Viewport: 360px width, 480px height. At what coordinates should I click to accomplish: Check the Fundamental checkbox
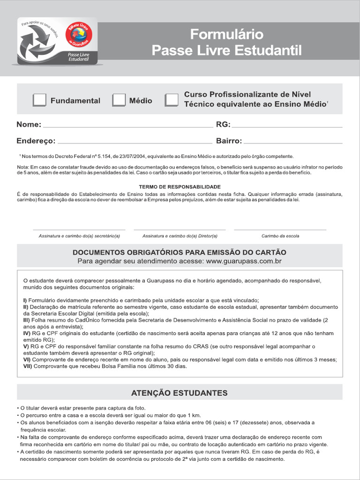(40, 100)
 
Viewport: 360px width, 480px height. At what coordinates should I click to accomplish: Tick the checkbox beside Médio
(119, 100)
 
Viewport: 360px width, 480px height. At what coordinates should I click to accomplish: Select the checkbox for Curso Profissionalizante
(172, 100)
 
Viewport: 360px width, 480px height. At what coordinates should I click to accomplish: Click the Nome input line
(127, 126)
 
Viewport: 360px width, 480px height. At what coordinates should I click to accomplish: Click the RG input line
(287, 126)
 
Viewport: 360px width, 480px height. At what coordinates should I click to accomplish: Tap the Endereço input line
(135, 142)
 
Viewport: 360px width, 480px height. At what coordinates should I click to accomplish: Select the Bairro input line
(293, 142)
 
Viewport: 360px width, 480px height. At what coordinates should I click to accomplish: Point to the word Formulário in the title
(226, 34)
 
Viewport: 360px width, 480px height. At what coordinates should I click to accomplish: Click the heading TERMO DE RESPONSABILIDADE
(180, 187)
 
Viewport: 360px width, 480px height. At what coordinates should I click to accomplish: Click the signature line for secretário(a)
(79, 229)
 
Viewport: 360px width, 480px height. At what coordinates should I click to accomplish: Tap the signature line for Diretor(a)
(180, 229)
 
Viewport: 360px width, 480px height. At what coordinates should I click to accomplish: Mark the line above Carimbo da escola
(280, 229)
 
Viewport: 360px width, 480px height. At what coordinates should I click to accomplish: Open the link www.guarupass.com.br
(243, 261)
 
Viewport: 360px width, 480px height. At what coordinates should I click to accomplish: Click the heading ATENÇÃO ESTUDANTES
(180, 393)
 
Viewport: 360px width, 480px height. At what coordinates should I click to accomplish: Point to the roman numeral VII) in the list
(28, 366)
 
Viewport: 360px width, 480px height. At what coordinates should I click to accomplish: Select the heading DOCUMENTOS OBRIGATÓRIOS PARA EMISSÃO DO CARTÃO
(180, 252)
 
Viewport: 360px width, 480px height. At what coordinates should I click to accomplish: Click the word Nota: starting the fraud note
(23, 167)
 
